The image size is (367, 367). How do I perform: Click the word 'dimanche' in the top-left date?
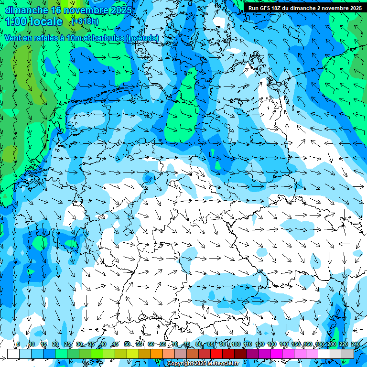(x=26, y=10)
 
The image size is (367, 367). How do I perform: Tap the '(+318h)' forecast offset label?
(x=85, y=22)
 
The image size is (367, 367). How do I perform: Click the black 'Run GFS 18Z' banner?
(x=304, y=8)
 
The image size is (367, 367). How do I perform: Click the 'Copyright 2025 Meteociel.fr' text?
(x=203, y=363)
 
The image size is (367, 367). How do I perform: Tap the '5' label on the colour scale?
(x=18, y=344)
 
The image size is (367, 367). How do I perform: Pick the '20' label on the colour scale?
(x=55, y=344)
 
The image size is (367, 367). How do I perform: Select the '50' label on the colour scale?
(x=127, y=344)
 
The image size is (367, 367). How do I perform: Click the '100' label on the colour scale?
(x=236, y=344)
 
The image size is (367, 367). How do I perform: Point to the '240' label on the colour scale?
(x=356, y=344)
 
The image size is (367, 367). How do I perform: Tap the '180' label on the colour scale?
(x=320, y=344)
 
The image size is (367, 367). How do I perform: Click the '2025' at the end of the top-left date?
(x=122, y=10)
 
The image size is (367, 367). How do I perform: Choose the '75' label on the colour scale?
(x=187, y=344)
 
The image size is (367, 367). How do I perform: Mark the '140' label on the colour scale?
(x=284, y=344)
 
